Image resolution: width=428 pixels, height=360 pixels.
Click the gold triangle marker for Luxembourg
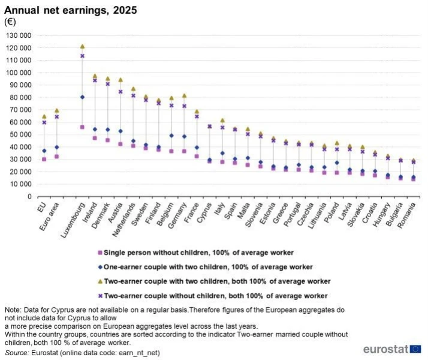[82, 46]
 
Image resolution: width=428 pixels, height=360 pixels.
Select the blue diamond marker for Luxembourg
[82, 97]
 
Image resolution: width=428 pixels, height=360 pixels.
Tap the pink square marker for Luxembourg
[82, 127]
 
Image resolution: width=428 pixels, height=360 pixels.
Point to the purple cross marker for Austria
[120, 92]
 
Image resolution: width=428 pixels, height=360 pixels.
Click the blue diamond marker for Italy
[222, 153]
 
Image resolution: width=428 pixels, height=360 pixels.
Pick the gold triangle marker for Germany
[184, 96]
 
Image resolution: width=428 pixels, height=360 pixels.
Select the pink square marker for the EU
[44, 159]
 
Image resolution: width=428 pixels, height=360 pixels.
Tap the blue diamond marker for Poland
[337, 163]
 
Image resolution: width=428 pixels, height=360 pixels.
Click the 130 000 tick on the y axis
[19, 35]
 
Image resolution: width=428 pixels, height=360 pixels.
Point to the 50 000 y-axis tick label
[19, 134]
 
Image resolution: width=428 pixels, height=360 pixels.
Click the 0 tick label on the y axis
[29, 197]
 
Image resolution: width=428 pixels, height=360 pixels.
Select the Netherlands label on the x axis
[123, 220]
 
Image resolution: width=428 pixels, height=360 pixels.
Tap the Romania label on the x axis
[406, 215]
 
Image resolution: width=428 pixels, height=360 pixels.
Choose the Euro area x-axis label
[49, 217]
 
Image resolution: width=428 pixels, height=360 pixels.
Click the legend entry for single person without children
[195, 253]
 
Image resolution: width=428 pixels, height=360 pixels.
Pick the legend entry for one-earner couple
[205, 267]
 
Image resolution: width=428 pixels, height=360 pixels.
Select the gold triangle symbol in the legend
[100, 281]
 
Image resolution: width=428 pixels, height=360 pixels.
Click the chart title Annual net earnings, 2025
[70, 10]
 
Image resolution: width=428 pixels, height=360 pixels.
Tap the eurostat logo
[392, 349]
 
